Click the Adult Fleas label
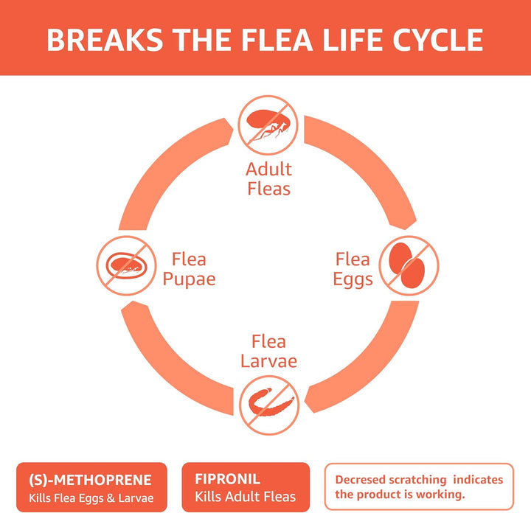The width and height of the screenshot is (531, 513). tap(268, 179)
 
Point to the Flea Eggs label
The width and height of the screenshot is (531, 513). tap(353, 269)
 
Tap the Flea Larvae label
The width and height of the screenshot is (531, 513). tap(268, 352)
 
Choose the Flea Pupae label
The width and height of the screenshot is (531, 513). tap(189, 269)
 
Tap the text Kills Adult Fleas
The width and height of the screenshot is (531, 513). tap(245, 496)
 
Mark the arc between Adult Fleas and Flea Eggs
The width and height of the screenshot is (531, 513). tap(369, 162)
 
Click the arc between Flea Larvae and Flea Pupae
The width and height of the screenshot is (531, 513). tap(166, 369)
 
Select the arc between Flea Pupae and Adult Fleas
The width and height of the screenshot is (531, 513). tap(166, 162)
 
